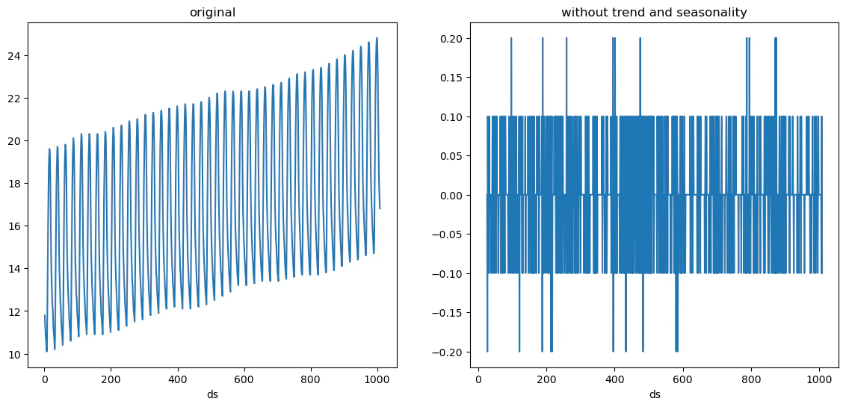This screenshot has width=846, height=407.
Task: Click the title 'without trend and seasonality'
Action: click(654, 13)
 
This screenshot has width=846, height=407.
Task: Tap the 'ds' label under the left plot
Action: click(212, 394)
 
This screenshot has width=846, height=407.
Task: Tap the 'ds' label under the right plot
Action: click(655, 394)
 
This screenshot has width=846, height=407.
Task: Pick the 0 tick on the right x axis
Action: click(478, 379)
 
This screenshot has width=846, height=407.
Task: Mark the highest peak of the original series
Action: click(377, 38)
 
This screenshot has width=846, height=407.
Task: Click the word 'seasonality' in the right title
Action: click(717, 13)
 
